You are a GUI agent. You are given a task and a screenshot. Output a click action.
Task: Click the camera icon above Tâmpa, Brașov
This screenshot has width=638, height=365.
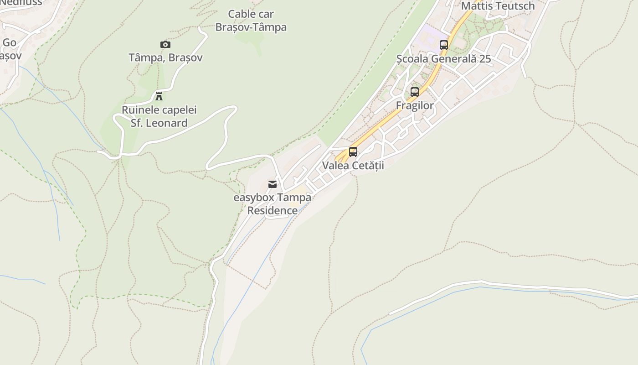point(165,44)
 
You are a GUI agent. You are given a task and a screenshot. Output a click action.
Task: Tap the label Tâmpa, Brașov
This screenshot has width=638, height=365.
point(165,57)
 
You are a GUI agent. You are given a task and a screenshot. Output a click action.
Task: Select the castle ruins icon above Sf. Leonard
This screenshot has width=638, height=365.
point(159,96)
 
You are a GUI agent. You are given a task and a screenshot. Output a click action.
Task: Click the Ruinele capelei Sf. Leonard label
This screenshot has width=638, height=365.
point(159,116)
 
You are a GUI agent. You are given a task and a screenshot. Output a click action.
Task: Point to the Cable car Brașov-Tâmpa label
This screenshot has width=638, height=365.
point(251,21)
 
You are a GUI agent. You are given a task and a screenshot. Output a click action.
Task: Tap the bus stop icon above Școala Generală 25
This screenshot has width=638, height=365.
point(444,45)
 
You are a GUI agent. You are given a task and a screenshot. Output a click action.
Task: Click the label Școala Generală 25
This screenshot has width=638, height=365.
point(443,59)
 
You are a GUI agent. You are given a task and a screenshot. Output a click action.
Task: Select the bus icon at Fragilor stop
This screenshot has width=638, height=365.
point(415,92)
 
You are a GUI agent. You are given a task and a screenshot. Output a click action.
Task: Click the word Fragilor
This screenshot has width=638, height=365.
point(415,106)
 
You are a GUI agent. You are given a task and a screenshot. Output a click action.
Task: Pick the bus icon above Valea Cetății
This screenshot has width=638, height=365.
point(353,152)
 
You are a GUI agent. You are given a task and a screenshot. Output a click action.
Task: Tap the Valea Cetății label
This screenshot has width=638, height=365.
point(353,166)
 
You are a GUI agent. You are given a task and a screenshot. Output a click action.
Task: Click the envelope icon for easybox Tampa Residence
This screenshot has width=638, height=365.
point(273,184)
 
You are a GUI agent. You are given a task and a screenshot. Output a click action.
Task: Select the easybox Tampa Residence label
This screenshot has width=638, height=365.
point(273,204)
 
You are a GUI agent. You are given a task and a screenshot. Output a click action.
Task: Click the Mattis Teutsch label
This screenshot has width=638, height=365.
point(498,6)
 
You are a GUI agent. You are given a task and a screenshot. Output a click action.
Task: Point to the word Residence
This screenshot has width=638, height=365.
point(273,210)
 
